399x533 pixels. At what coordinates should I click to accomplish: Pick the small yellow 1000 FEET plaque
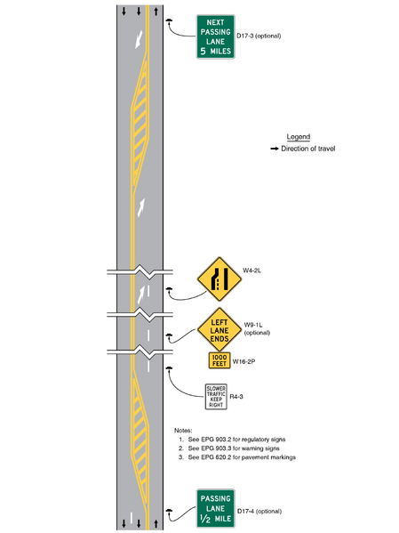click(218, 360)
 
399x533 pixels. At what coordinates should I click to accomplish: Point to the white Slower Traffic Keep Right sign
click(216, 397)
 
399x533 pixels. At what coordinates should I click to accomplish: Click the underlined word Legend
click(298, 136)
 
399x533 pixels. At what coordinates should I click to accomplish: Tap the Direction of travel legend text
click(307, 148)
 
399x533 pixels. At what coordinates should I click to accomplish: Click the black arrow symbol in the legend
click(274, 148)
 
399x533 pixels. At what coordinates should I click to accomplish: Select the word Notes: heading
click(183, 430)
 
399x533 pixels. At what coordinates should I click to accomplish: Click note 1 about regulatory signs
click(238, 440)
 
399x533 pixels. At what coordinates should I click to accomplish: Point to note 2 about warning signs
click(236, 448)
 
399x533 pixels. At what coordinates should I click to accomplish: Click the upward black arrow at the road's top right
click(156, 12)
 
